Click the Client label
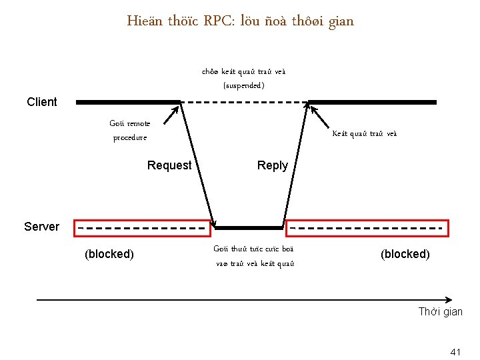pos(42,102)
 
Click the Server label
pos(41,227)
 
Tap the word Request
pos(169,165)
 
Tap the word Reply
pos(273,165)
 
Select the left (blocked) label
pos(109,254)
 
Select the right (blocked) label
pos(405,254)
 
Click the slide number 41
pos(456,351)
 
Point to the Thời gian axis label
pos(440,312)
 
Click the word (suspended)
pos(244,85)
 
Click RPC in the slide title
pos(217,21)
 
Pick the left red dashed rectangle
pos(141,228)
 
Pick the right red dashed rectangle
pos(367,228)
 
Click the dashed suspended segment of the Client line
pos(245,102)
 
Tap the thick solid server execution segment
pos(251,228)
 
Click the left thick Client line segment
pos(129,102)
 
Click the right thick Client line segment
pos(372,102)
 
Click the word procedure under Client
pos(130,138)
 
